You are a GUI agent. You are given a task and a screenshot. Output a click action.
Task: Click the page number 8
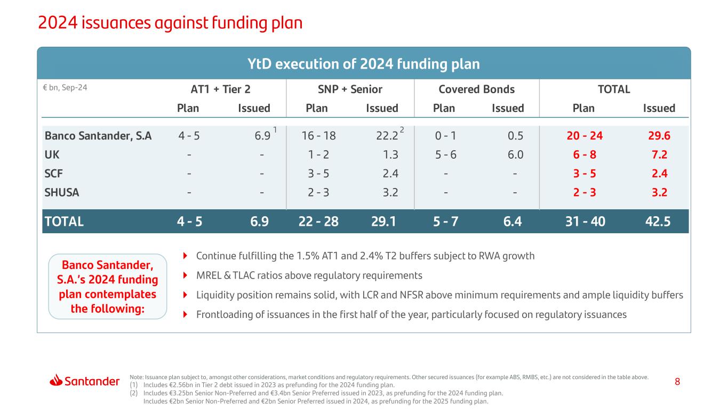tap(677, 382)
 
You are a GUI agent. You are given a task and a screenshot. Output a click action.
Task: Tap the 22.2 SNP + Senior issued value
tap(387, 136)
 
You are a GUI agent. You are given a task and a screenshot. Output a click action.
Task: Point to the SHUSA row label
tap(62, 193)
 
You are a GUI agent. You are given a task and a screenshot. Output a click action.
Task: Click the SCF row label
tap(54, 174)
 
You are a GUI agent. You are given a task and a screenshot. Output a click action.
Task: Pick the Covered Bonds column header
tap(476, 89)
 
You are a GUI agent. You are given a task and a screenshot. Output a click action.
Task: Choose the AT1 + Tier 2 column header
tap(213, 89)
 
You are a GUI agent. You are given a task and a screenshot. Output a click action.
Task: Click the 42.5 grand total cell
tap(657, 221)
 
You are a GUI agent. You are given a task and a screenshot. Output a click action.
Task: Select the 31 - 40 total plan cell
tap(585, 221)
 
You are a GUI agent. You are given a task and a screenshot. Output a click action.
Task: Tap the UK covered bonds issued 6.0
tap(516, 155)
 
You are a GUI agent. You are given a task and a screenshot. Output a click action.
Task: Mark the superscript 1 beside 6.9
tap(275, 130)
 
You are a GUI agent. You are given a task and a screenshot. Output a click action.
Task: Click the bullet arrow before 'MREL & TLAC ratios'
tap(185, 276)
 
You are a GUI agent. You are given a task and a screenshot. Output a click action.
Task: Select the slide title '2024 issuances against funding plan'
tap(170, 22)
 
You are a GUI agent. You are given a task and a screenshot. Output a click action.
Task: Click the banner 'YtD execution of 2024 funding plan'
tap(364, 64)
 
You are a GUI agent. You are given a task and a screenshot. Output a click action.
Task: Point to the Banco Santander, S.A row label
tap(98, 136)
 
